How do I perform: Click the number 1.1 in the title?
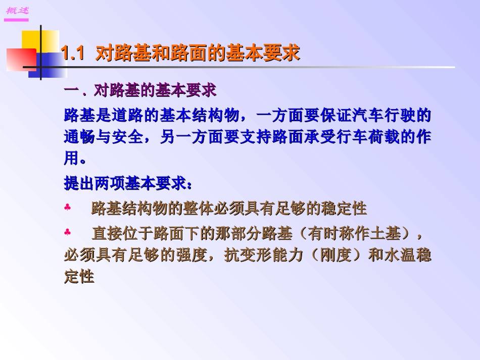coord(72,54)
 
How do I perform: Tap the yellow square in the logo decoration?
coord(40,40)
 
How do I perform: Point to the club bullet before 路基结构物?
coord(68,208)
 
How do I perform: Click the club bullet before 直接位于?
coord(68,233)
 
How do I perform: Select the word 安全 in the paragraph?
coord(132,137)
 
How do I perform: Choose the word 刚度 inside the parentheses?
coord(334,255)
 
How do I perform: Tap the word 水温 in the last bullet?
coord(400,255)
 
